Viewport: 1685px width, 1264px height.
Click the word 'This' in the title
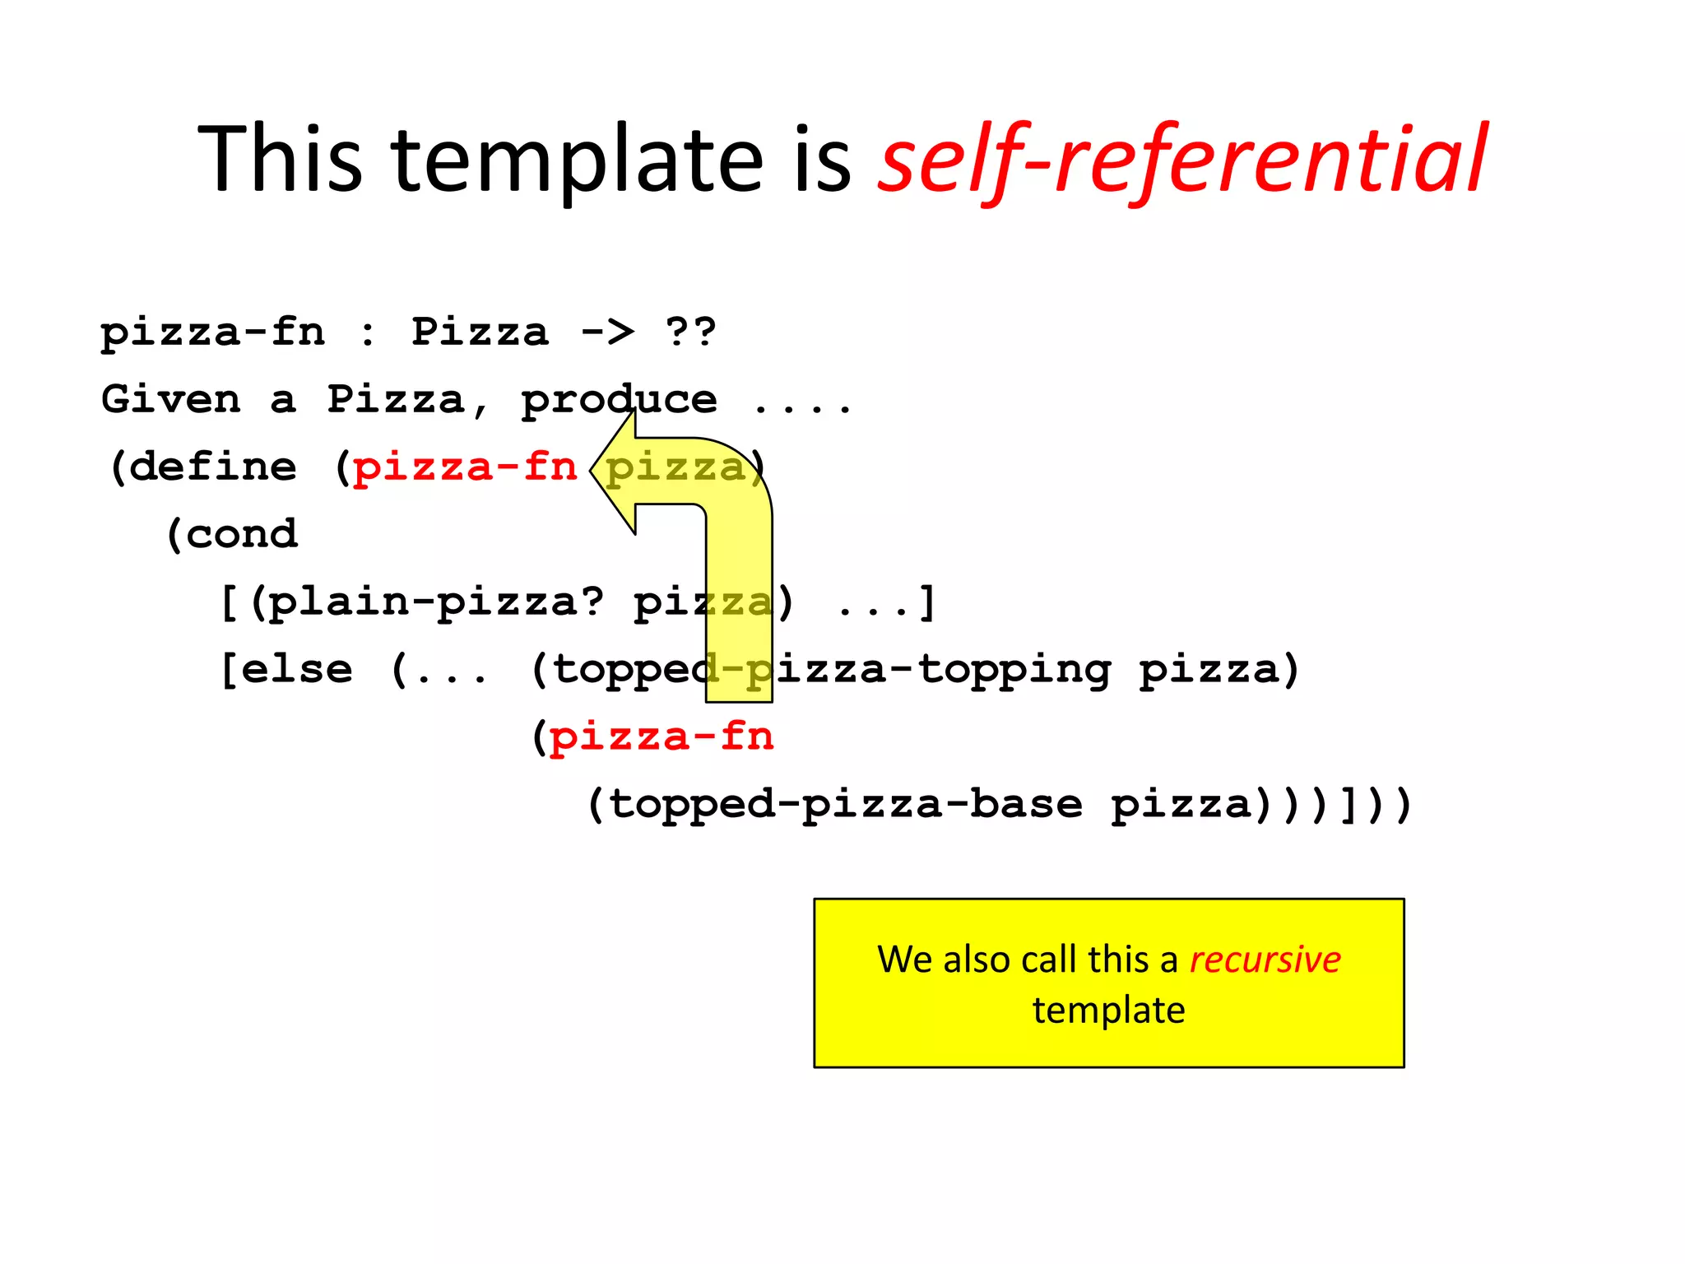pos(280,158)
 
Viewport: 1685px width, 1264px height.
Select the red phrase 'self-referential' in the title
pos(1182,158)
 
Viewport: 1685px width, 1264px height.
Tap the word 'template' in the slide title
pos(578,158)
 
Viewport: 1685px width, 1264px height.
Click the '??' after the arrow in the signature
pos(690,332)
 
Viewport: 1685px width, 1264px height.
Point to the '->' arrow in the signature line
pos(607,332)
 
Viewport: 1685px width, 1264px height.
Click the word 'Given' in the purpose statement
pos(171,400)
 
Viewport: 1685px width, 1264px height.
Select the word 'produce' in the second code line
pos(619,400)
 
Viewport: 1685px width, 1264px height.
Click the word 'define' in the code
pos(213,467)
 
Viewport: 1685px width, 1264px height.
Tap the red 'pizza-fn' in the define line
pos(465,467)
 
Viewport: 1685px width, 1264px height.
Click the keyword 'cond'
pos(241,535)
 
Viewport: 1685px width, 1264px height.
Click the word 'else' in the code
pos(297,670)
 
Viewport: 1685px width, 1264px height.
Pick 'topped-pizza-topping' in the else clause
pos(832,670)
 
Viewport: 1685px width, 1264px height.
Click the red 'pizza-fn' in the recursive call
pos(661,737)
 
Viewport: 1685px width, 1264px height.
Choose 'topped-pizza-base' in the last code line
pos(846,804)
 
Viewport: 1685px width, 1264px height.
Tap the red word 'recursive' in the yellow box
pos(1265,960)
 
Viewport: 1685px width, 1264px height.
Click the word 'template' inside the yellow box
pos(1108,1010)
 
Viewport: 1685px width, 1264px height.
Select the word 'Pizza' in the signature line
pos(480,332)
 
